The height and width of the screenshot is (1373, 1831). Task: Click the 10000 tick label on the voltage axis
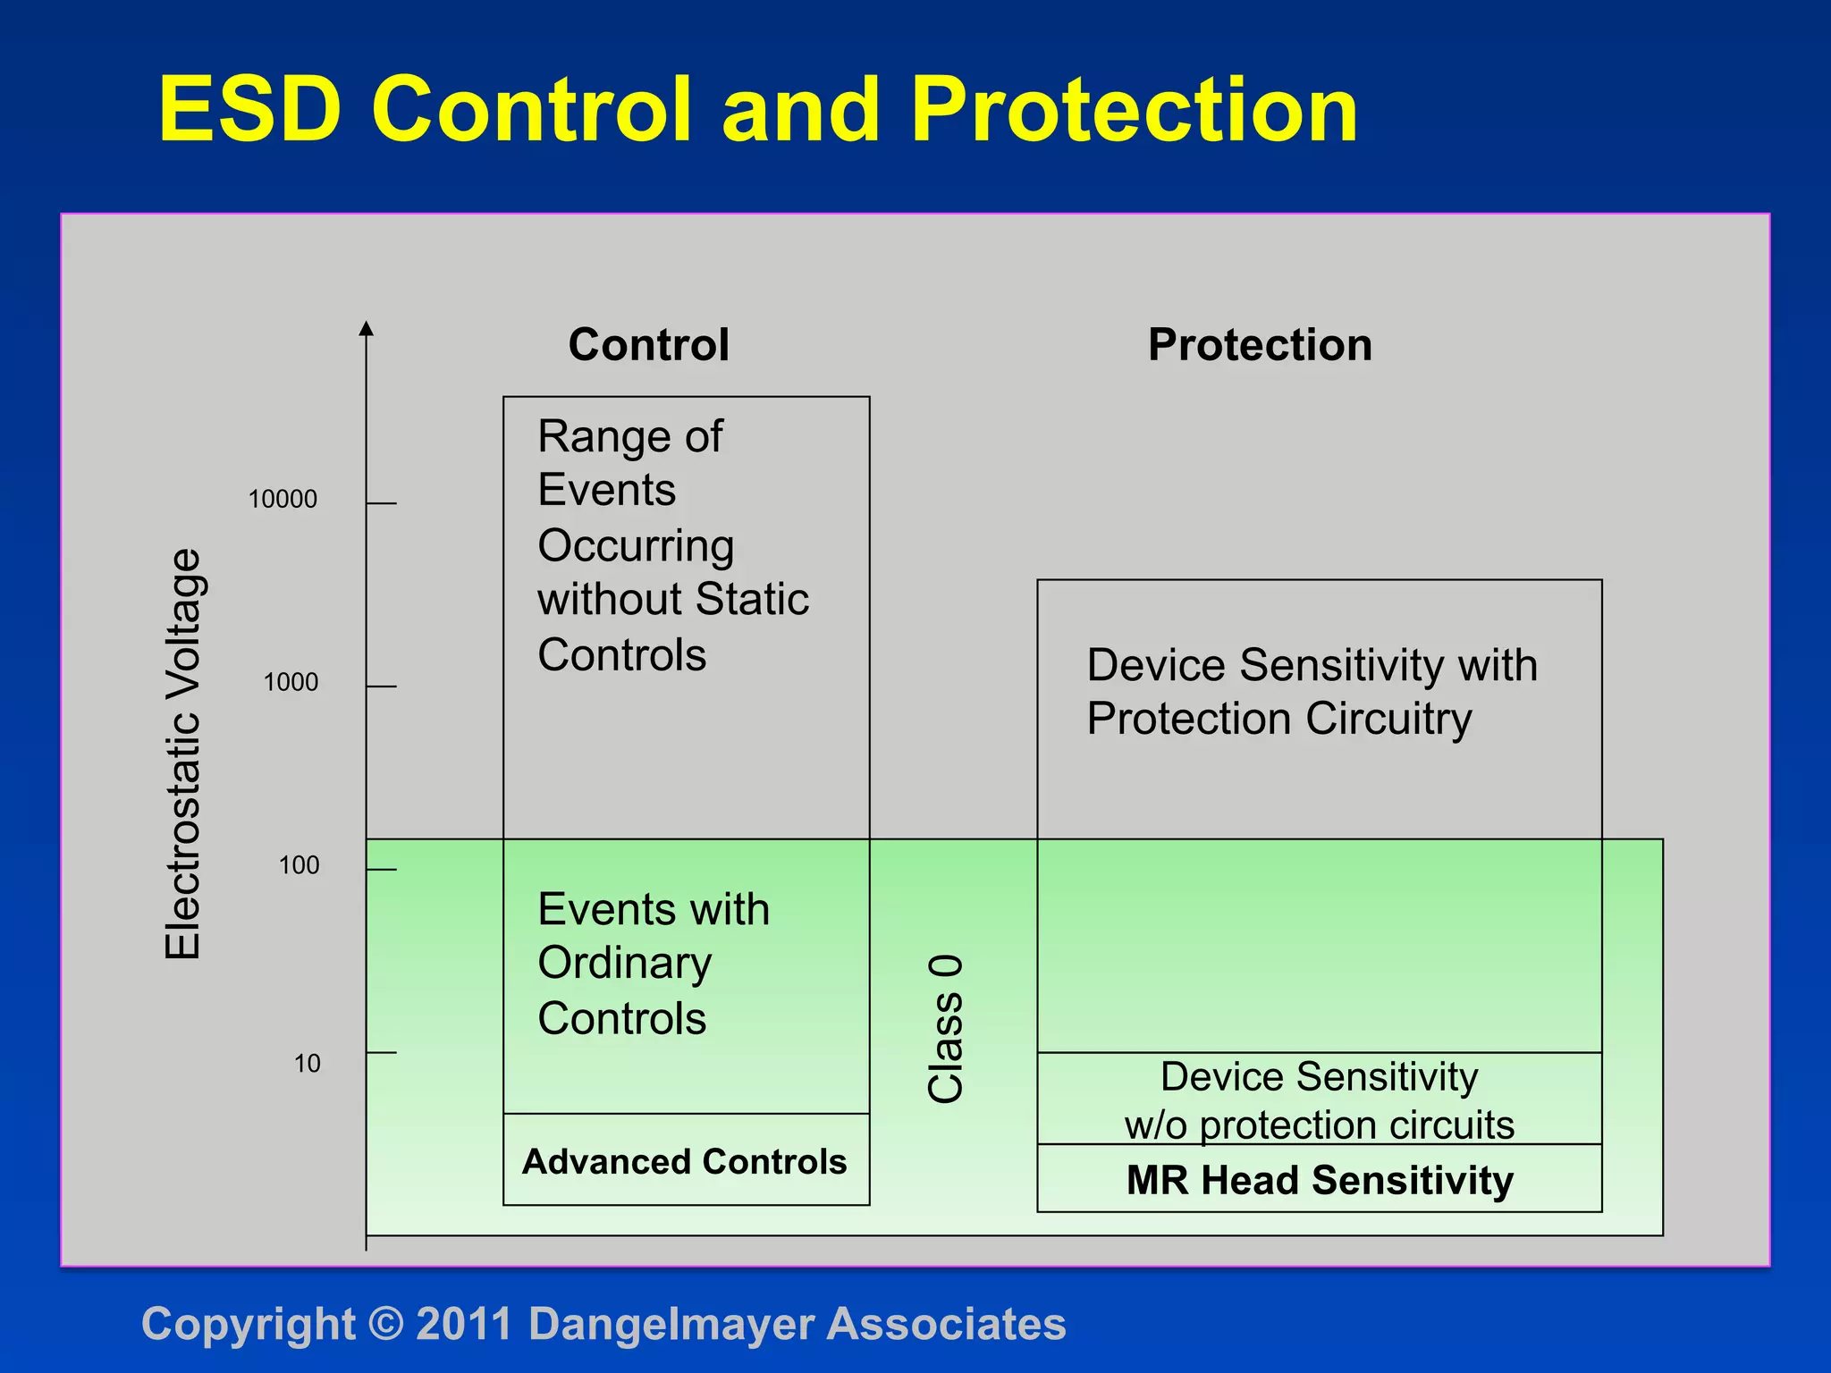pos(283,499)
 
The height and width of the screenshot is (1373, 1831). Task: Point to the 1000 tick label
pos(291,682)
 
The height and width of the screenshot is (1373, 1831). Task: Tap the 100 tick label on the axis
pos(299,865)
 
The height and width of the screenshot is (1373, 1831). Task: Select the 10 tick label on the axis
pos(307,1064)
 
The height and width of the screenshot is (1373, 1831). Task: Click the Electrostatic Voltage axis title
pos(183,754)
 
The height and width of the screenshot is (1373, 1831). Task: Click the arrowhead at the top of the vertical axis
pos(366,329)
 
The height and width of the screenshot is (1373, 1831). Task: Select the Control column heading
pos(648,345)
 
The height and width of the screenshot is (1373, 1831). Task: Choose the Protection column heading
pos(1260,345)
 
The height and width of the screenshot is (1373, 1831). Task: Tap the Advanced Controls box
pos(685,1161)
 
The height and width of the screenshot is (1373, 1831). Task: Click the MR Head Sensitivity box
pos(1320,1180)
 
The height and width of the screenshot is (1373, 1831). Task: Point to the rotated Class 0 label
pos(946,1028)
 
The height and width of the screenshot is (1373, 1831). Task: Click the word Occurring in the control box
pos(636,545)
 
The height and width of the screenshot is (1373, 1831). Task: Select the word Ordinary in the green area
pos(624,964)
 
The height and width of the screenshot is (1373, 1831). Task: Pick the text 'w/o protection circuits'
pos(1320,1125)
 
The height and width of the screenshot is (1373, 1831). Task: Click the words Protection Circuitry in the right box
pos(1278,719)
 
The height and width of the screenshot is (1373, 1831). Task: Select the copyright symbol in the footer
pos(385,1324)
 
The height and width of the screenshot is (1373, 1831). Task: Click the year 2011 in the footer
pos(463,1324)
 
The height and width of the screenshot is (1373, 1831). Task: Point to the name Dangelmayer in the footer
pos(671,1324)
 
